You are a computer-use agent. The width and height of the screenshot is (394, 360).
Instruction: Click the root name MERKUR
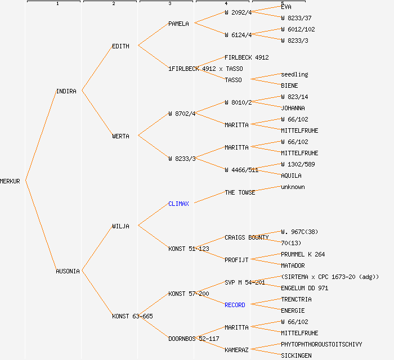[x=10, y=181]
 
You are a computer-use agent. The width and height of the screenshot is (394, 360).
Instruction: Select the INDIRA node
[x=66, y=91]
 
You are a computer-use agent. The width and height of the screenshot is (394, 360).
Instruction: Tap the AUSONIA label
[x=68, y=271]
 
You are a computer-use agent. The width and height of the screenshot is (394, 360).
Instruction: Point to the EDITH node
[x=120, y=46]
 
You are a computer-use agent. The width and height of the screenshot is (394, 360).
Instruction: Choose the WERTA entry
[x=120, y=136]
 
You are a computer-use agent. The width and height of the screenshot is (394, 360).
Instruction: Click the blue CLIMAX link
[x=178, y=204]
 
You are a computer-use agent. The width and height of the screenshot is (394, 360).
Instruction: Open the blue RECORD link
[x=235, y=305]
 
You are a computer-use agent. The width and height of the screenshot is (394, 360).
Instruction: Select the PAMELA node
[x=178, y=24]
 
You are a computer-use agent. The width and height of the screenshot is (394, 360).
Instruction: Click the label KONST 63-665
[x=132, y=316]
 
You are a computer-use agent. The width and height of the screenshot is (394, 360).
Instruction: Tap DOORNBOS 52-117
[x=194, y=339]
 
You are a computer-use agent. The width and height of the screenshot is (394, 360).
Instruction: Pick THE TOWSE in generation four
[x=240, y=192]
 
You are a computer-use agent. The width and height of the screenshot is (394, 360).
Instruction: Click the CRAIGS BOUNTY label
[x=247, y=237]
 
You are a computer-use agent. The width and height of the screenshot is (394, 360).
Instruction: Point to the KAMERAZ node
[x=236, y=350]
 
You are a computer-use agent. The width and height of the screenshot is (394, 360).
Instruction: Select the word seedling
[x=294, y=74]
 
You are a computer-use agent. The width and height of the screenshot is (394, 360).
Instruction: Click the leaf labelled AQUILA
[x=291, y=175]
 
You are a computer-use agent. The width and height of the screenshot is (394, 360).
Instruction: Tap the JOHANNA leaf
[x=293, y=108]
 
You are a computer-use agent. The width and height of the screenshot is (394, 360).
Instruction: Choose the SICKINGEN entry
[x=296, y=355]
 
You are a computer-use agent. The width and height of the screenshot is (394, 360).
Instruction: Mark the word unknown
[x=293, y=187]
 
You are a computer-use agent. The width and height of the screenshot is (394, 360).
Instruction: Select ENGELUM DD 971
[x=305, y=288]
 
